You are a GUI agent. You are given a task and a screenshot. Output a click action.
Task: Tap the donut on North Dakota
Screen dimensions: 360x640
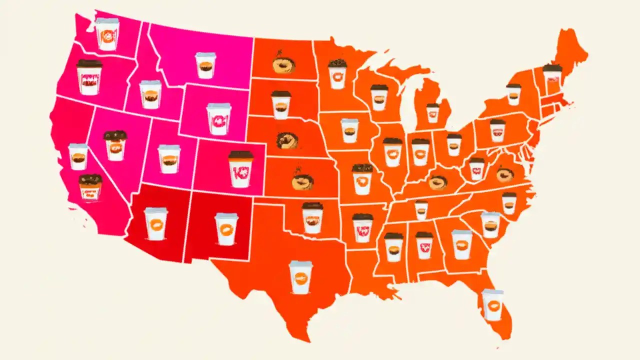pyautogui.click(x=283, y=63)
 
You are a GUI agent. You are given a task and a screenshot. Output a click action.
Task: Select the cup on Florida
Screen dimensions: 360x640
pyautogui.click(x=492, y=304)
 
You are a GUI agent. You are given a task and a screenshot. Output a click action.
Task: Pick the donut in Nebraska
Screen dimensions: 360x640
pyautogui.click(x=287, y=139)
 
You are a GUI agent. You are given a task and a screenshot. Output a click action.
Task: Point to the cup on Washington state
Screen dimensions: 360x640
pyautogui.click(x=107, y=34)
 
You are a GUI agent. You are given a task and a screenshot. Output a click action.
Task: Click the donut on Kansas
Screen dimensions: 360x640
pyautogui.click(x=302, y=180)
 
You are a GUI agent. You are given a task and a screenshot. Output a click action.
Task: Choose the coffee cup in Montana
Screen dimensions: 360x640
pyautogui.click(x=205, y=65)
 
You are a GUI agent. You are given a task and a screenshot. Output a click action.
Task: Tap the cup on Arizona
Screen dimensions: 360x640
pyautogui.click(x=156, y=223)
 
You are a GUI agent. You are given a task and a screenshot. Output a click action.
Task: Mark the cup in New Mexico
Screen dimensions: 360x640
pyautogui.click(x=226, y=229)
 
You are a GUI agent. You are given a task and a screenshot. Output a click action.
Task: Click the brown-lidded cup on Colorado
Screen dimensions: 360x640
pyautogui.click(x=240, y=169)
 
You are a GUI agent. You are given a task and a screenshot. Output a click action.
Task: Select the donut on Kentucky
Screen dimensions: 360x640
pyautogui.click(x=438, y=182)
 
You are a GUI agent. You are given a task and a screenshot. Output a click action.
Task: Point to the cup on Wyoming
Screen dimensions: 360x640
pyautogui.click(x=219, y=119)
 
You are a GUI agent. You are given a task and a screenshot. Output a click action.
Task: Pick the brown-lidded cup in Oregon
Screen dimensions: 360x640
pyautogui.click(x=89, y=77)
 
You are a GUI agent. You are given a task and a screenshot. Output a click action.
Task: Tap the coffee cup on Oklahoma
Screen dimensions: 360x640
pyautogui.click(x=312, y=217)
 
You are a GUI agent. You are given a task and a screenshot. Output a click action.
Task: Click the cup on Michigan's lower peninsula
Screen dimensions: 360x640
pyautogui.click(x=433, y=113)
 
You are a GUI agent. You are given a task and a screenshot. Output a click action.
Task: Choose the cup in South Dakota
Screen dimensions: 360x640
pyautogui.click(x=281, y=105)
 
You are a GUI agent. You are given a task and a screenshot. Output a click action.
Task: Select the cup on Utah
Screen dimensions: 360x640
pyautogui.click(x=169, y=159)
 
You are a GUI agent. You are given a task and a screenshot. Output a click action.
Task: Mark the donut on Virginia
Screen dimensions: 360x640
pyautogui.click(x=505, y=174)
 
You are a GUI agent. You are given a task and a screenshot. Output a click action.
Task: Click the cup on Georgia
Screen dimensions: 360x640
pyautogui.click(x=461, y=244)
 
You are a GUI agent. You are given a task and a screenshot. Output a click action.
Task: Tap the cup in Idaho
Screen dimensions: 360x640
pyautogui.click(x=150, y=94)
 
